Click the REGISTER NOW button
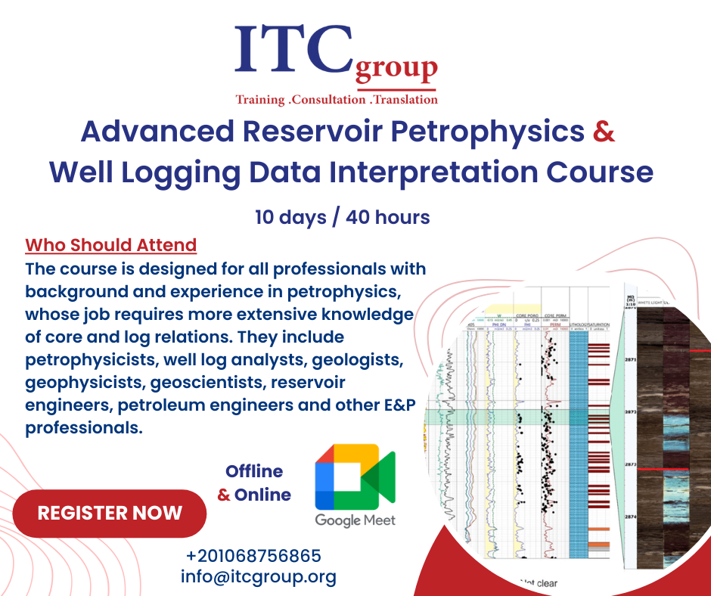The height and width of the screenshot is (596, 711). point(110,513)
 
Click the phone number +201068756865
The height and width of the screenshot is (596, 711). point(253,556)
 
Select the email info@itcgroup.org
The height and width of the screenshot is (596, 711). point(258,576)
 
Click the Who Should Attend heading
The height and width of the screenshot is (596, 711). point(110,245)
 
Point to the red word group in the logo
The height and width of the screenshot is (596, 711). point(396,70)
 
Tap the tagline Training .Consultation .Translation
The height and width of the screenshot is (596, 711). point(337,99)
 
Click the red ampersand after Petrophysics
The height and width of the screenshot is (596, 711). point(604,131)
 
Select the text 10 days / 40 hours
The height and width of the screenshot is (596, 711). point(343,217)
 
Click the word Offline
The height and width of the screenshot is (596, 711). point(254,471)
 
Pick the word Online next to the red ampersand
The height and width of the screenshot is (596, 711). point(262,495)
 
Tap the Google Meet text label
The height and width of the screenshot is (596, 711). point(355,520)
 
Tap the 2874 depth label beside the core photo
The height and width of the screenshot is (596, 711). point(630,517)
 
